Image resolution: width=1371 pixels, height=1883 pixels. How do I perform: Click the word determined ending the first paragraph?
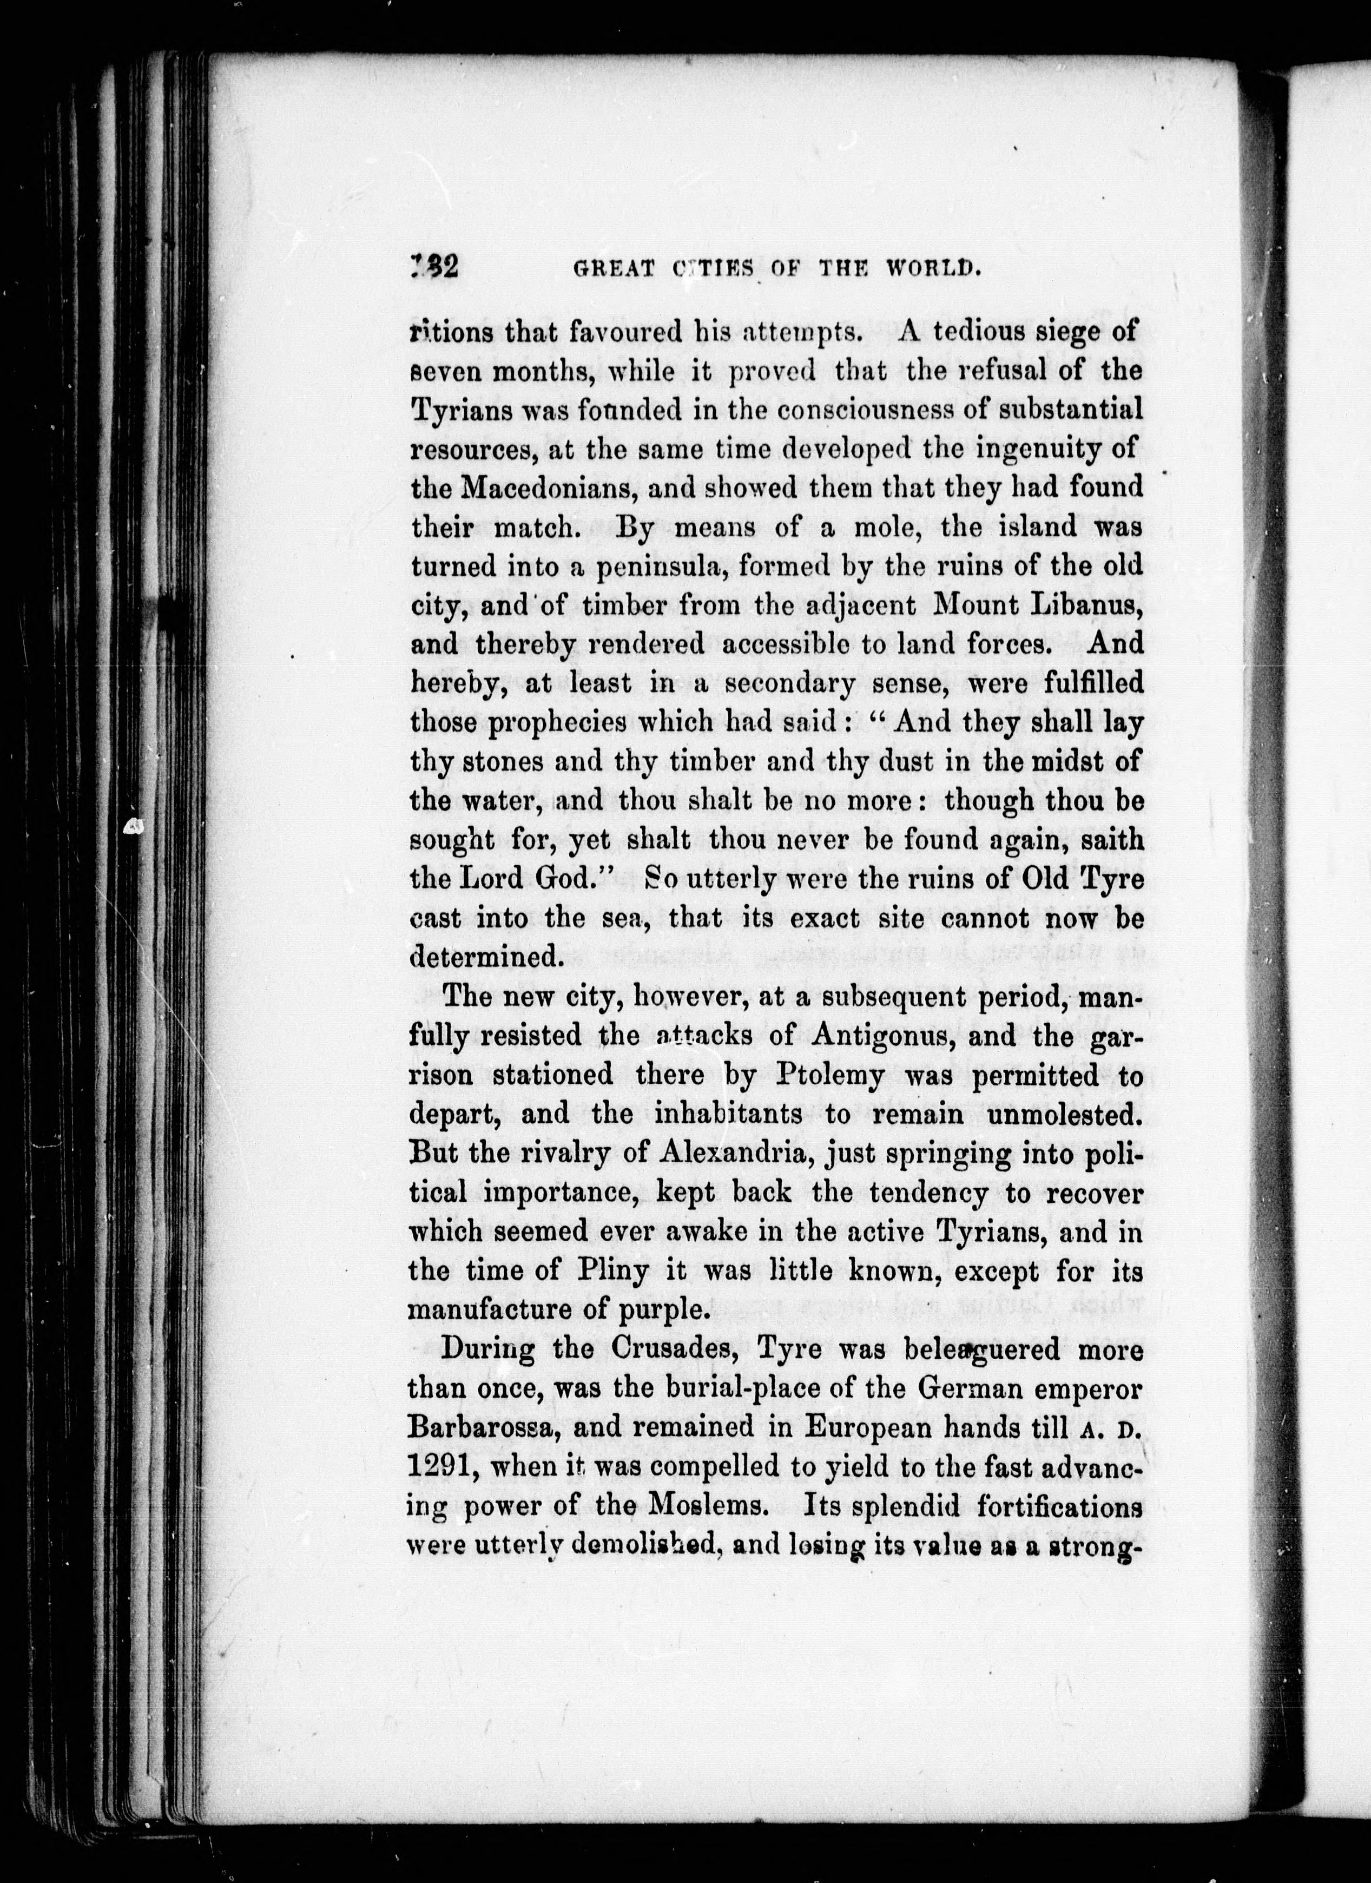point(483,957)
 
